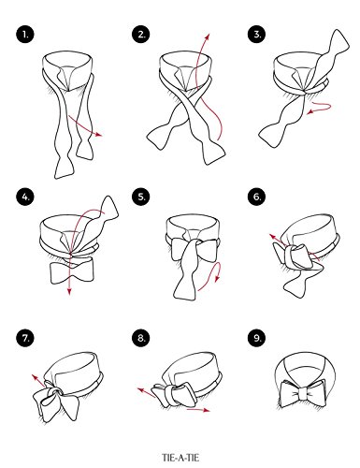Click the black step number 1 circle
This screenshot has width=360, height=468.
24,34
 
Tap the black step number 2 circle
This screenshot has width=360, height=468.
140,34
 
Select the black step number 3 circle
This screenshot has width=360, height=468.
256,34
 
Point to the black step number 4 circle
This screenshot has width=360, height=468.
24,197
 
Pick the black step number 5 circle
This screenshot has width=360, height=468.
140,197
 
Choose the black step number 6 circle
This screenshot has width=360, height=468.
256,197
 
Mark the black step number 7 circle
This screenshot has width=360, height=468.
24,338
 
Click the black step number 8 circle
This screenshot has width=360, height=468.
140,338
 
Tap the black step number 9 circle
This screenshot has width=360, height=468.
256,338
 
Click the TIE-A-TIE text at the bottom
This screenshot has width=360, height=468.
180,458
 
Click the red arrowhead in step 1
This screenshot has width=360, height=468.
99,135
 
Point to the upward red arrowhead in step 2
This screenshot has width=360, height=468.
208,37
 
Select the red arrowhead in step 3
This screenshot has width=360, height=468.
310,111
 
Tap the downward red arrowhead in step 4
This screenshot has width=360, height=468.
69,291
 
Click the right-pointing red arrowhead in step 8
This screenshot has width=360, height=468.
207,410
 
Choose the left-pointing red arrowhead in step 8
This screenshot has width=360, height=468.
141,390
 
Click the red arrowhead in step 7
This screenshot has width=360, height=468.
35,377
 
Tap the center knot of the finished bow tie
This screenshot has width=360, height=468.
301,394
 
